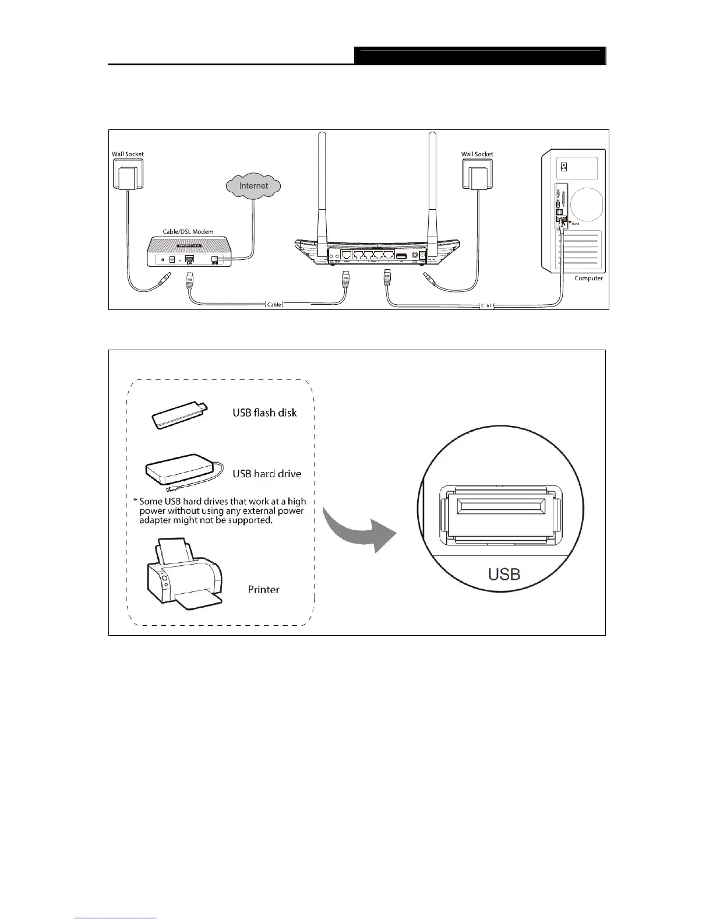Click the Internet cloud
[x=253, y=186]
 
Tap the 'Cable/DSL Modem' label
[x=188, y=231]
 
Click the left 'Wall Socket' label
[x=128, y=154]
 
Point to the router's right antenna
[x=432, y=186]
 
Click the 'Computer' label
[x=588, y=279]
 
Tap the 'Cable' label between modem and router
[x=274, y=305]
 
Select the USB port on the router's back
[x=401, y=256]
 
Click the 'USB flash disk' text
[x=264, y=413]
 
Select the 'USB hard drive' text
[x=267, y=474]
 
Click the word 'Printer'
[x=263, y=590]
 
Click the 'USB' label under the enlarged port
[x=504, y=575]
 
